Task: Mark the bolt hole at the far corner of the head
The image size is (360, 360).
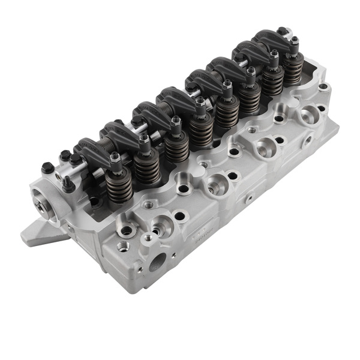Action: (x=323, y=86)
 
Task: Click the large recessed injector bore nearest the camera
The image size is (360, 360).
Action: (x=161, y=227)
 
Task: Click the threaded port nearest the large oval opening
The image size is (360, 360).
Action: (x=124, y=245)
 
